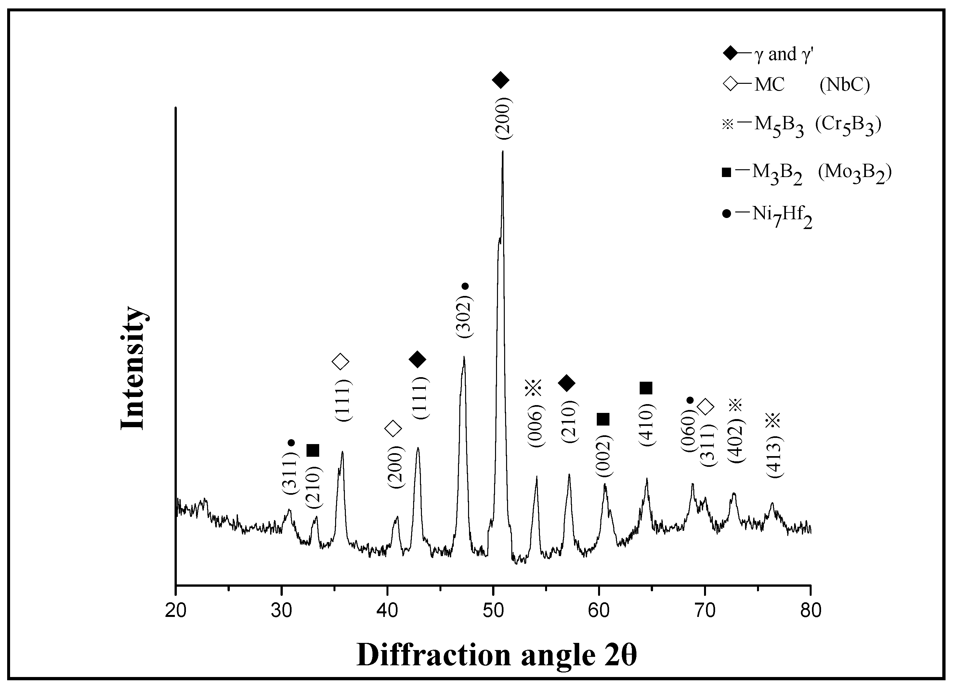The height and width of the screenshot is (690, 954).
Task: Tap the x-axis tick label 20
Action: pos(176,610)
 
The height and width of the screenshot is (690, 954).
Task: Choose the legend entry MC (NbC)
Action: pos(795,84)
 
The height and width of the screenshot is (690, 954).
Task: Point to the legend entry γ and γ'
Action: pos(770,54)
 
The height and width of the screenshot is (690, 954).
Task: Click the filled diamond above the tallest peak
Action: pos(500,80)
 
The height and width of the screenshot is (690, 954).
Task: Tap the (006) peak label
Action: pos(536,426)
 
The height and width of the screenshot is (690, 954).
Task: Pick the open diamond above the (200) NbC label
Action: pos(393,428)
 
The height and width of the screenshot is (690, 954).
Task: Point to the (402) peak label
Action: pos(737,441)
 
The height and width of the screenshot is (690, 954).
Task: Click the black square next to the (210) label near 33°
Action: pos(313,450)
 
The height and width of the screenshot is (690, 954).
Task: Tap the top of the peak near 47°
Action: pos(464,357)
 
